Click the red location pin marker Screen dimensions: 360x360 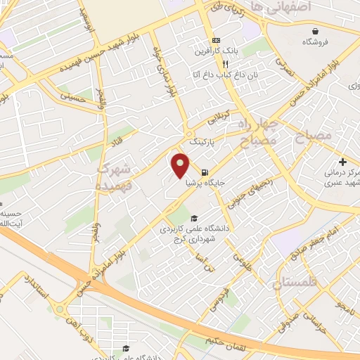point(181,165)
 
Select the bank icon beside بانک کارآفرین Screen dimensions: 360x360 point(217,40)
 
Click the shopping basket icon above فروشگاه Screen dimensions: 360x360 point(317,32)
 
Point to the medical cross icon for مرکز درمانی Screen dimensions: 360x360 point(342,162)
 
